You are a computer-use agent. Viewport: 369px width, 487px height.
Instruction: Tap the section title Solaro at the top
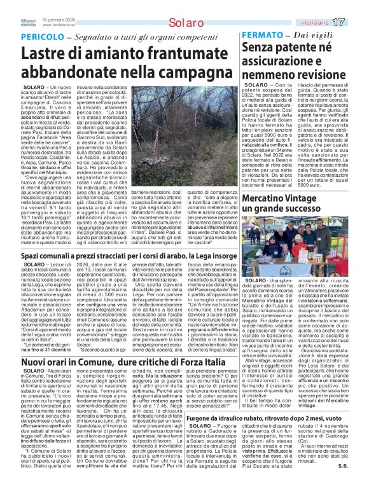[184, 23]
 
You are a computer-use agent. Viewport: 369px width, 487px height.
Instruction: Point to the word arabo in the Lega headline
[197, 273]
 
